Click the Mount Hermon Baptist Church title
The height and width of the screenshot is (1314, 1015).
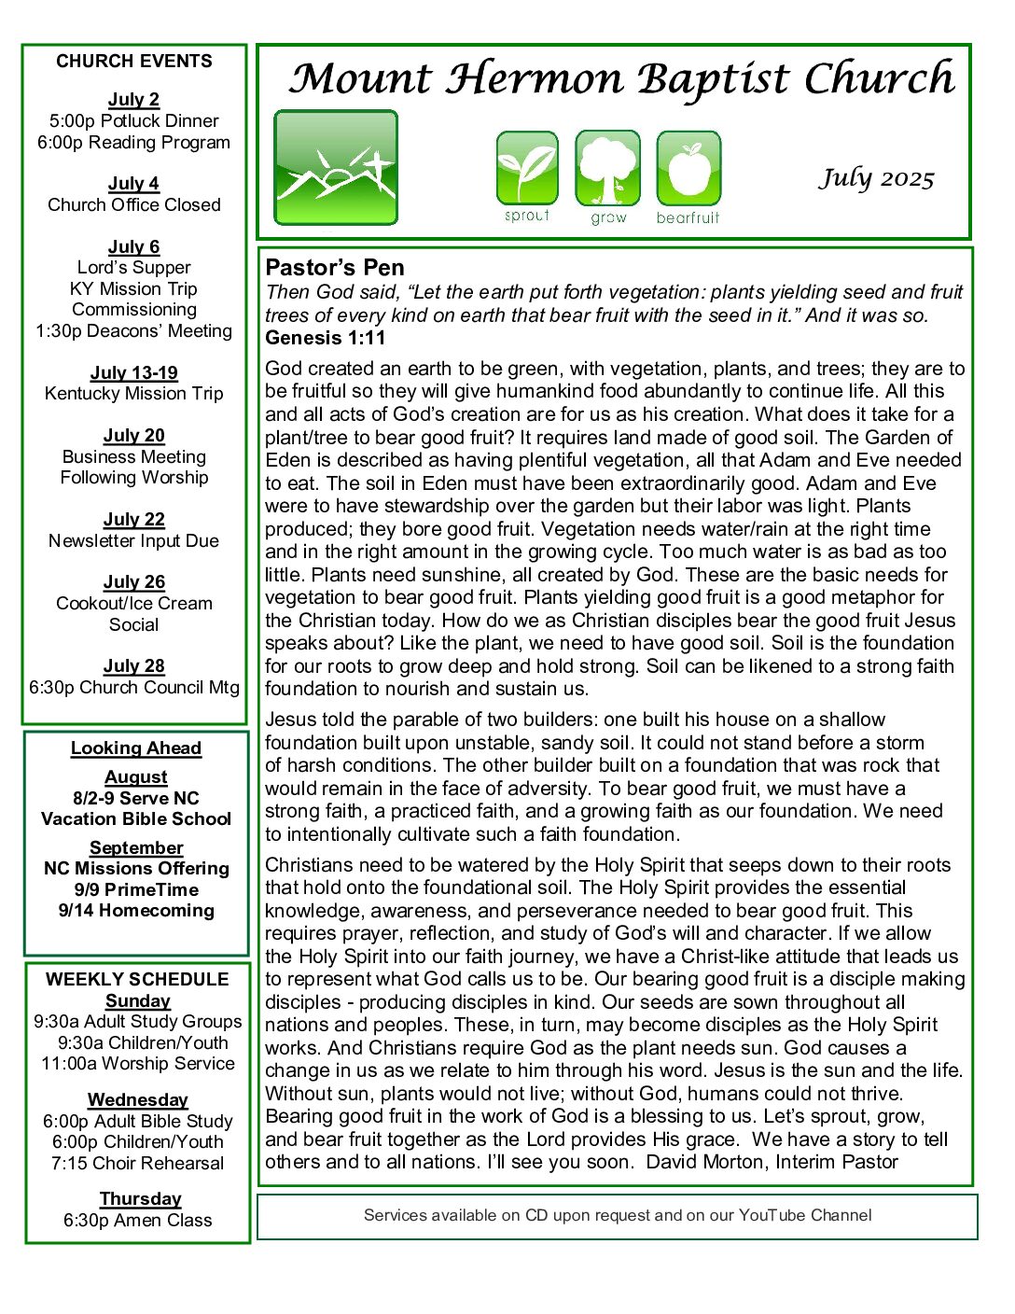pyautogui.click(x=621, y=79)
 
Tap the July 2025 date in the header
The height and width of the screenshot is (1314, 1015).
pyautogui.click(x=876, y=177)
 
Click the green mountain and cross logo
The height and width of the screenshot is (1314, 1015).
pyautogui.click(x=336, y=168)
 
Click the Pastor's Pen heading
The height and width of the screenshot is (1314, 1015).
pyautogui.click(x=335, y=268)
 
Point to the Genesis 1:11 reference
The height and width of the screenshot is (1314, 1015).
pyautogui.click(x=325, y=338)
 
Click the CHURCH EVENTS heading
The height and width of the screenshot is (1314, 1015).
pyautogui.click(x=134, y=62)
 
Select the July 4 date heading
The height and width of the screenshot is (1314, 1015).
pyautogui.click(x=133, y=183)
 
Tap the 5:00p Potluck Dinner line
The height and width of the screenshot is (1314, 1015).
pyautogui.click(x=134, y=121)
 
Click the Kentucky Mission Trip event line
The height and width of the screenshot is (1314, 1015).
pyautogui.click(x=134, y=394)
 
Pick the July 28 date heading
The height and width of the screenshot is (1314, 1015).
pyautogui.click(x=133, y=666)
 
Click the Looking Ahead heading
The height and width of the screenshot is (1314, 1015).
pyautogui.click(x=136, y=748)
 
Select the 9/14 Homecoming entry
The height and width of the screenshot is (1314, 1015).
pyautogui.click(x=136, y=911)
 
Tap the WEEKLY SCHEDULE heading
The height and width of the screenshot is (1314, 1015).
pyautogui.click(x=137, y=980)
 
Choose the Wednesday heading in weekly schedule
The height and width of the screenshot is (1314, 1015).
pyautogui.click(x=138, y=1100)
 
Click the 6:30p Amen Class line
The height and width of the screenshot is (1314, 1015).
pyautogui.click(x=138, y=1221)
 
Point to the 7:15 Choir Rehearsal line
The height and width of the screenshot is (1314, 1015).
pyautogui.click(x=138, y=1164)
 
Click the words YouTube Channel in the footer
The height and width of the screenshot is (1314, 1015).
pyautogui.click(x=805, y=1215)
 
